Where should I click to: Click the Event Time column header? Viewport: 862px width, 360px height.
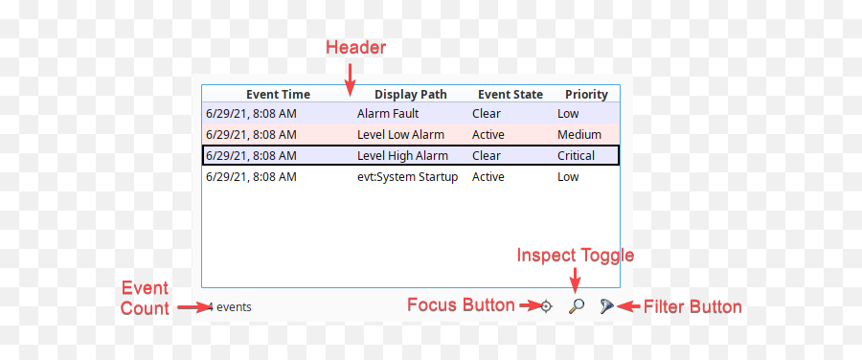(x=278, y=95)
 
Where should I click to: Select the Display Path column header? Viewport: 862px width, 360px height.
(x=411, y=95)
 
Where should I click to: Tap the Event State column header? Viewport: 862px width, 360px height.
(x=510, y=95)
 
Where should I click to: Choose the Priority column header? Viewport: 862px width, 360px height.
(x=586, y=95)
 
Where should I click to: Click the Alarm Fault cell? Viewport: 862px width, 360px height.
(x=388, y=114)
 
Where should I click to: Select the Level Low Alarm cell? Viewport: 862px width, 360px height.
(x=400, y=135)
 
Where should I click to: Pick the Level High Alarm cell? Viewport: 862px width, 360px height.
(x=402, y=156)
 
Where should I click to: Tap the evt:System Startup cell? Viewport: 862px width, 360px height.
(x=407, y=177)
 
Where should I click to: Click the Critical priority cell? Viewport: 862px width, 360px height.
(x=576, y=156)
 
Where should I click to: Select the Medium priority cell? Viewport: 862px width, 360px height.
(x=579, y=135)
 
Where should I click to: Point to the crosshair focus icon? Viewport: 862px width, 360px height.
(x=546, y=306)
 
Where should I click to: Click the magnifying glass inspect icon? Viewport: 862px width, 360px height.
(x=577, y=306)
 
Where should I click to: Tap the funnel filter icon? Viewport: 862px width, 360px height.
(x=606, y=306)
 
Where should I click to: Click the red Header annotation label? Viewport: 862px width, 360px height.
(x=355, y=47)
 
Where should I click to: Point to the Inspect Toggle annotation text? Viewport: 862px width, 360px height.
(x=576, y=256)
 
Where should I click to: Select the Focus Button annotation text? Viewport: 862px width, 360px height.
(x=461, y=305)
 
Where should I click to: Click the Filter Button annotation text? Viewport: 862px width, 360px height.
(x=692, y=307)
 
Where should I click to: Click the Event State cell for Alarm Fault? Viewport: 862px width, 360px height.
(x=487, y=114)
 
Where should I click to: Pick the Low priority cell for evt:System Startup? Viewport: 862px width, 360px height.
(x=568, y=177)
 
